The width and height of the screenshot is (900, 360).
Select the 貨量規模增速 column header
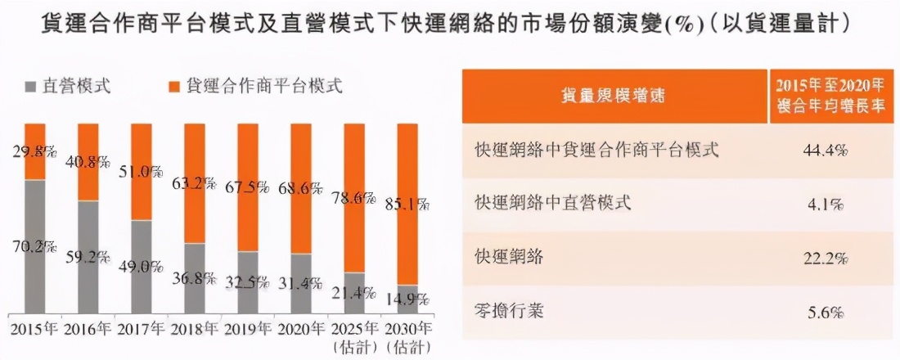pos(613,97)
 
